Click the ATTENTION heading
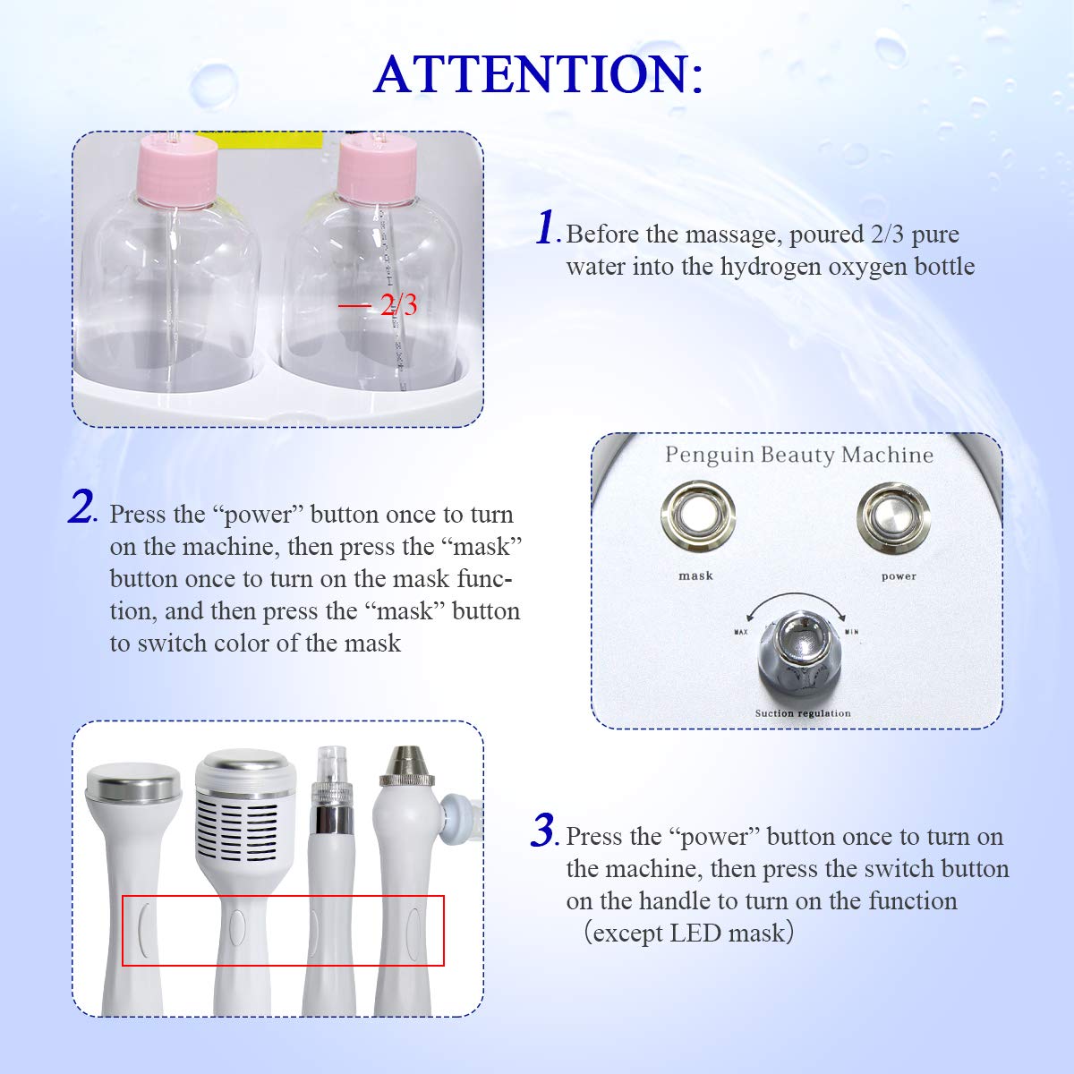point(538,73)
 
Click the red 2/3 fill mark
point(380,305)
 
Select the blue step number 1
point(547,227)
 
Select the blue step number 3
point(543,831)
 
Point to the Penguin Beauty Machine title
point(799,455)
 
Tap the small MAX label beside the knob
point(740,633)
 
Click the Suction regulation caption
point(802,713)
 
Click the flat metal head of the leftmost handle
point(133,788)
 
